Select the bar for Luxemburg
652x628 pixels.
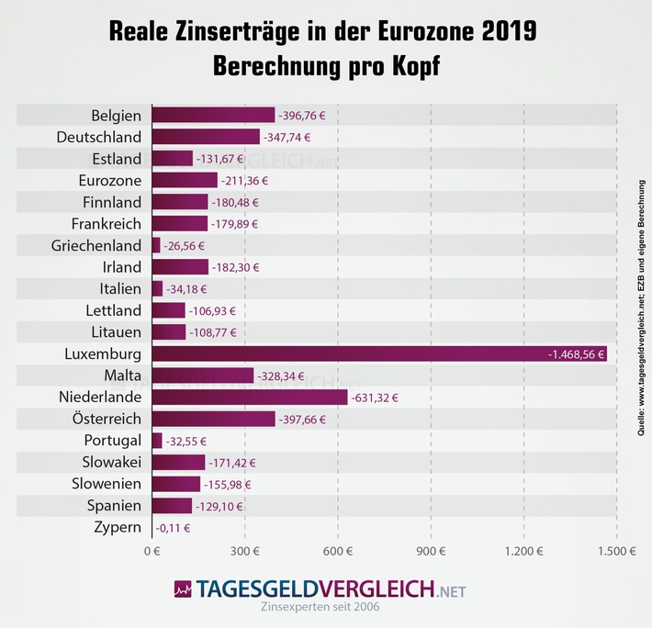click(x=379, y=353)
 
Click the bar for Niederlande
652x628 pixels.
click(x=250, y=397)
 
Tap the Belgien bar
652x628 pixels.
click(x=213, y=115)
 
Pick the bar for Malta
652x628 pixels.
click(x=203, y=375)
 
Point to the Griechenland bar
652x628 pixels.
click(x=156, y=245)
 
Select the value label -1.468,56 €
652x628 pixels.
click(x=579, y=353)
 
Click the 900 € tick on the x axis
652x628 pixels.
click(x=431, y=552)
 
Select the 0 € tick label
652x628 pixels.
click(x=152, y=552)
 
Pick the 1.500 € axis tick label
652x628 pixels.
click(x=616, y=552)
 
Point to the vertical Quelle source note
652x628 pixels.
click(x=641, y=303)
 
